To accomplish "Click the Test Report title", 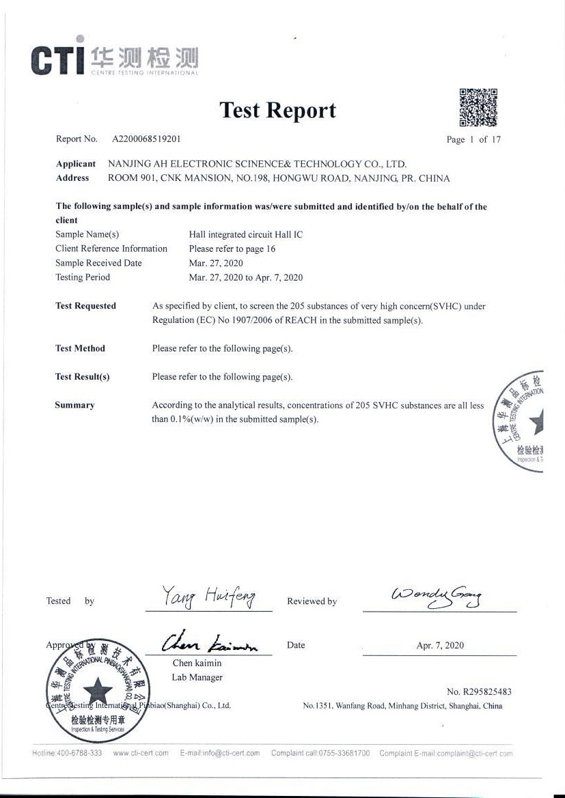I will click(277, 111).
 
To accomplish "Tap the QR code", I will click(478, 107).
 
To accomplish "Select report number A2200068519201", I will click(146, 139).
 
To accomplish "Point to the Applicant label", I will click(76, 164).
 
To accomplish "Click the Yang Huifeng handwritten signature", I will click(209, 598).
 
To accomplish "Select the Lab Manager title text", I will click(197, 677).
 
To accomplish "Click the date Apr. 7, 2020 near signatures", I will click(440, 645).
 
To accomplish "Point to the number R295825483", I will click(479, 692).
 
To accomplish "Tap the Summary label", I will click(74, 405).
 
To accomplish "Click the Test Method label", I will click(80, 348).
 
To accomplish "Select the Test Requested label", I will click(85, 306).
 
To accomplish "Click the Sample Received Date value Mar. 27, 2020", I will click(216, 263).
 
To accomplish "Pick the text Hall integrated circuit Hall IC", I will click(245, 234).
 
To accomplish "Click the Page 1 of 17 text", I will click(473, 139).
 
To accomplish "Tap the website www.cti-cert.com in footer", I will click(141, 753).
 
